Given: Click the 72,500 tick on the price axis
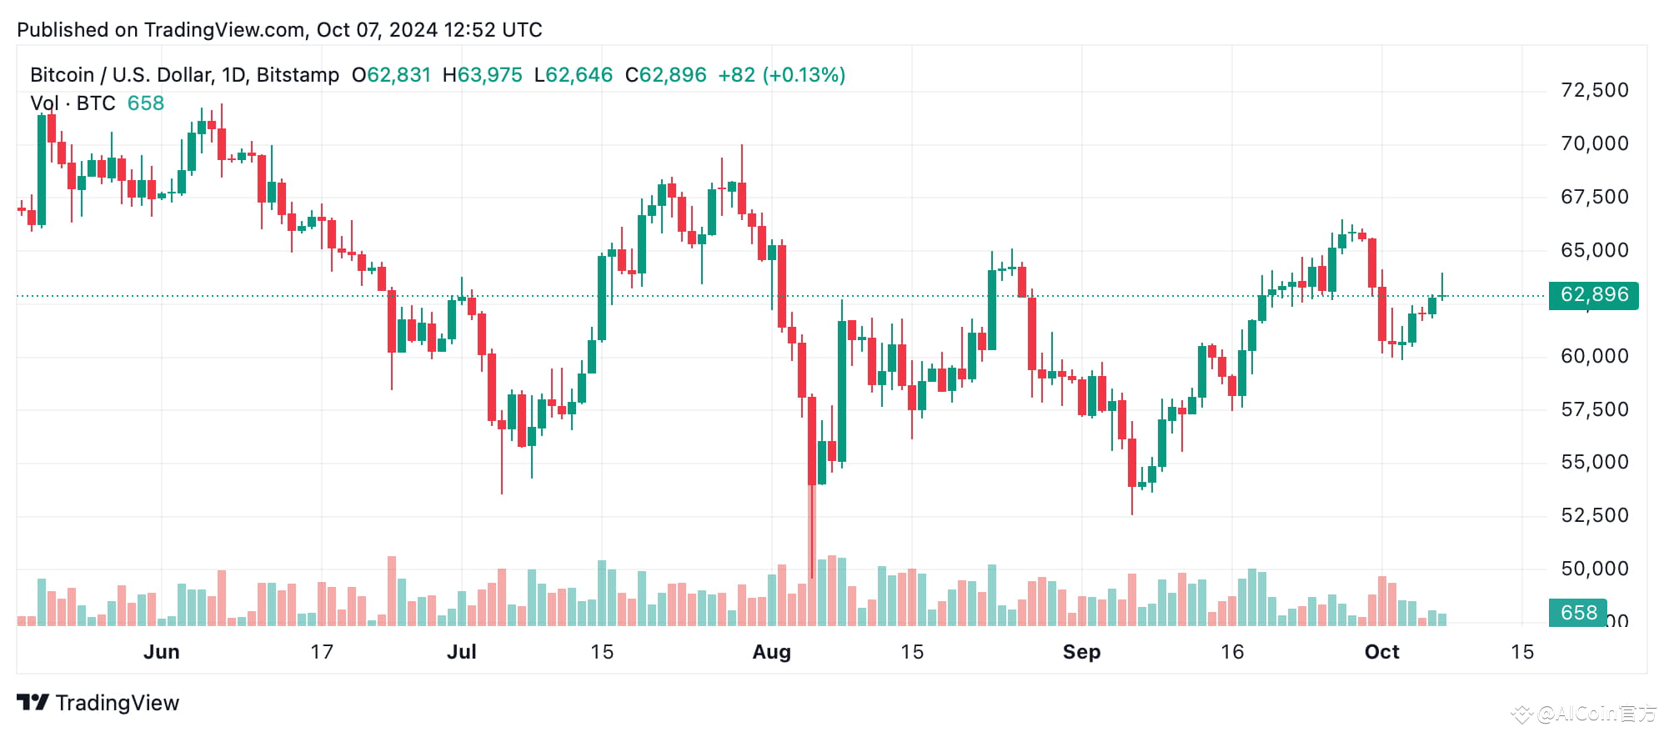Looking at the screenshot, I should pyautogui.click(x=1594, y=90).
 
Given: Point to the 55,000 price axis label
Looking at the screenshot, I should pyautogui.click(x=1594, y=462).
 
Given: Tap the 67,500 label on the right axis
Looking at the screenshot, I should pyautogui.click(x=1594, y=197).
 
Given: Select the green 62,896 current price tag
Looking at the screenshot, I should pyautogui.click(x=1593, y=295).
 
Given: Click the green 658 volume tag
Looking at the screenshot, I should pyautogui.click(x=1577, y=613).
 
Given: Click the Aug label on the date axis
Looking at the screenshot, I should pyautogui.click(x=771, y=652).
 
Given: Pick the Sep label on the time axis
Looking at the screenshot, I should pyautogui.click(x=1081, y=652).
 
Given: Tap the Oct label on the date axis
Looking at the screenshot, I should pyautogui.click(x=1381, y=652).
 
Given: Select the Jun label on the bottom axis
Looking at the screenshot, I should pyautogui.click(x=161, y=652).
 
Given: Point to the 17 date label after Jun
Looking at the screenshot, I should pyautogui.click(x=322, y=652).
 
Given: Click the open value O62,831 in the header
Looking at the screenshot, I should pyautogui.click(x=391, y=75).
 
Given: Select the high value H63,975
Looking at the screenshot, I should pyautogui.click(x=482, y=75).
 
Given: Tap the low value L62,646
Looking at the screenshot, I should pyautogui.click(x=574, y=75).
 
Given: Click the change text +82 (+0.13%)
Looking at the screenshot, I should pyautogui.click(x=781, y=75).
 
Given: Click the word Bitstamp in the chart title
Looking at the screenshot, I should pyautogui.click(x=298, y=75).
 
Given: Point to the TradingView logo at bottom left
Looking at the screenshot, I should pyautogui.click(x=98, y=703).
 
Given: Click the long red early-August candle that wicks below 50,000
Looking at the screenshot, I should pyautogui.click(x=811, y=442).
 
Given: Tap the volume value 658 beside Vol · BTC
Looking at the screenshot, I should pyautogui.click(x=146, y=103).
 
